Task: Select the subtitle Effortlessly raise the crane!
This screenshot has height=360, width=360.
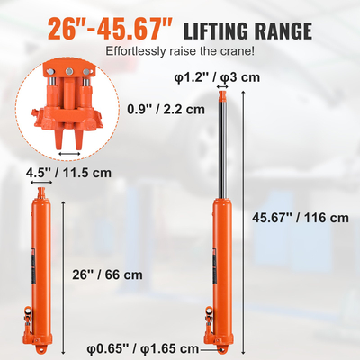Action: point(179,52)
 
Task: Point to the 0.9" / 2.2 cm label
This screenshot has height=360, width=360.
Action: point(167,110)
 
